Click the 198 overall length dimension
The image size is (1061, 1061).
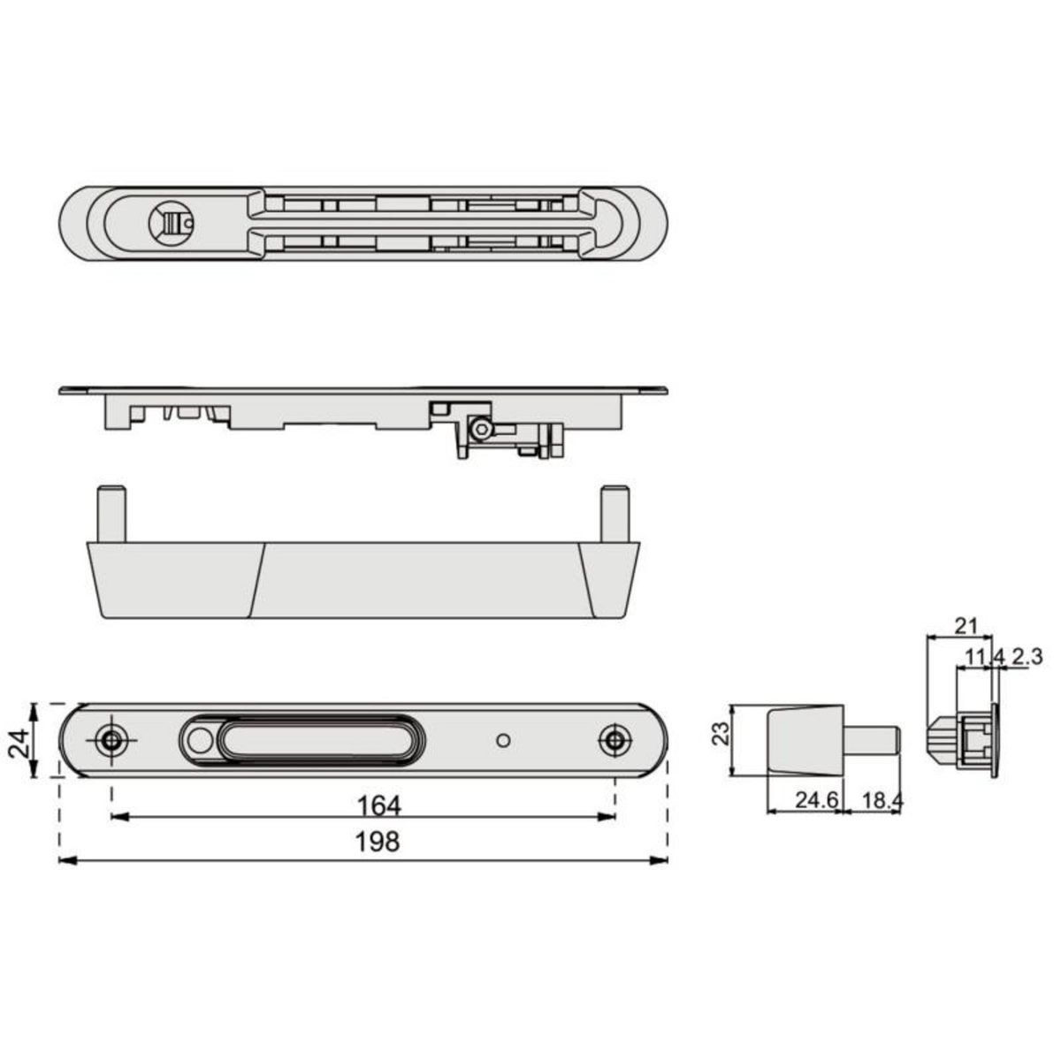tap(378, 842)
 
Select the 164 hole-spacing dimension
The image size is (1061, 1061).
tap(379, 806)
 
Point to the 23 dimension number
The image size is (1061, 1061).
tap(721, 733)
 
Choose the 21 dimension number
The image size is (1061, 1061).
tap(966, 626)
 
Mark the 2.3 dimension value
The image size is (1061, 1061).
tap(1027, 656)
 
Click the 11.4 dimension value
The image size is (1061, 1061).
tap(985, 656)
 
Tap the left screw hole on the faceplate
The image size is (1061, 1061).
tap(111, 741)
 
